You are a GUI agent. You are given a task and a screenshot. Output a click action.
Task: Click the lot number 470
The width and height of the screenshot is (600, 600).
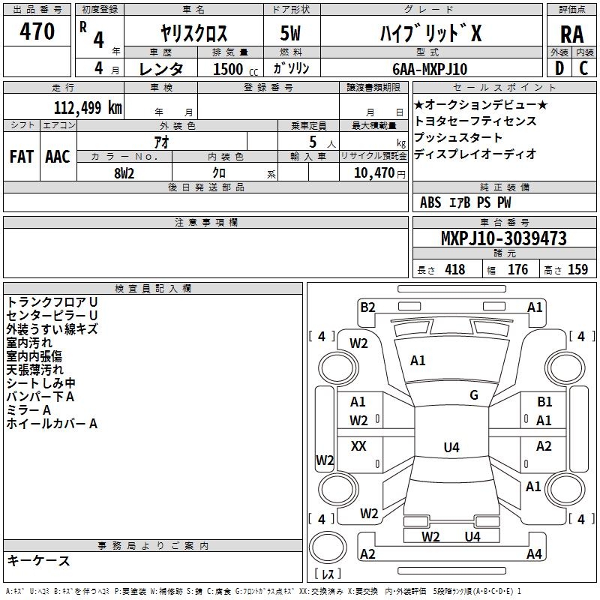37,31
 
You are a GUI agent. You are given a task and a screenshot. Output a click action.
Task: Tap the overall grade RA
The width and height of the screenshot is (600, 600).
571,34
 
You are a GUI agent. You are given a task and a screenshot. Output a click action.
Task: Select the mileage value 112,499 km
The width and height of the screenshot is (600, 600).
88,107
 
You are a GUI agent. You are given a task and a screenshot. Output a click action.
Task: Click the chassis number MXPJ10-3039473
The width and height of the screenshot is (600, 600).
504,238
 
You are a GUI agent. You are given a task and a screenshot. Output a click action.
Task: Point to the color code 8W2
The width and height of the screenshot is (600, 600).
124,173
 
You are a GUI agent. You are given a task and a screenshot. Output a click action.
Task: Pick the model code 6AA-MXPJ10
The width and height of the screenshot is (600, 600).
430,69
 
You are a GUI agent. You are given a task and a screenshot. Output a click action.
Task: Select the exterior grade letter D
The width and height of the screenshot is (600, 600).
559,68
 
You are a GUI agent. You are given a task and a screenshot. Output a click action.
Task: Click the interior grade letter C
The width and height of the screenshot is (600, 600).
583,68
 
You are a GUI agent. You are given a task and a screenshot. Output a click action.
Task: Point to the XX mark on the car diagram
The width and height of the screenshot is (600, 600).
358,445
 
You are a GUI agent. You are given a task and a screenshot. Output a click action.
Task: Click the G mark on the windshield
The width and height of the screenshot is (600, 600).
474,395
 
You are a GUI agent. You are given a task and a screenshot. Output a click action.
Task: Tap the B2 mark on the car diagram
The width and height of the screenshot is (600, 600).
367,307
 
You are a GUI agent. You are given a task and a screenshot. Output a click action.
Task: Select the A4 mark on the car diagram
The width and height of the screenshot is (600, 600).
534,553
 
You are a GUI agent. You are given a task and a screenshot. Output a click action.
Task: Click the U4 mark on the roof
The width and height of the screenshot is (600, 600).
451,447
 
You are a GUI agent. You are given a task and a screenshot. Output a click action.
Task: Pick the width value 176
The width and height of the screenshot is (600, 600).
517,269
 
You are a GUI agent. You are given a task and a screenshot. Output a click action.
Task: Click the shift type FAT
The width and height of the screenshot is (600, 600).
22,157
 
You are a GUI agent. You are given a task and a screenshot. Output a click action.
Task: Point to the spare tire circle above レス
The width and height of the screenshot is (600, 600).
328,547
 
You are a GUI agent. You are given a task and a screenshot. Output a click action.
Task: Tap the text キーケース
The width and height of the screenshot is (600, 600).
39,560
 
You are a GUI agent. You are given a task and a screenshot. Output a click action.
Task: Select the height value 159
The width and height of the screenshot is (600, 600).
577,269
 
